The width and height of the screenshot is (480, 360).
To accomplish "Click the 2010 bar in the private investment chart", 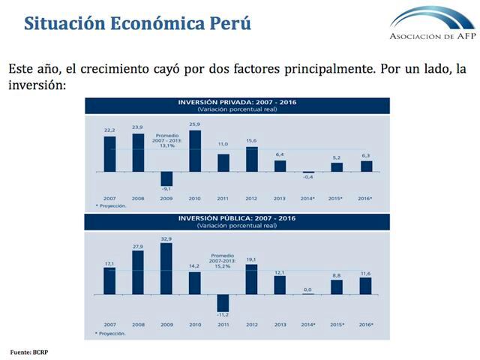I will pos(194,151).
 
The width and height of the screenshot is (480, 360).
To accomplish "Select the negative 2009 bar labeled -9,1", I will pos(166,178).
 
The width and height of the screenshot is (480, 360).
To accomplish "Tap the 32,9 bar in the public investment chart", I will pos(166,268).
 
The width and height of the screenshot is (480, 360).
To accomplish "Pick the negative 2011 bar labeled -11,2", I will pos(223,302).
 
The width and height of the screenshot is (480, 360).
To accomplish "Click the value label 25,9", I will pos(194,124).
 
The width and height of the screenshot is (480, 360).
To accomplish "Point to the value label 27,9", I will pos(137,245).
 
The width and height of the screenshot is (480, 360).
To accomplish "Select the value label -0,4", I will pos(308,178).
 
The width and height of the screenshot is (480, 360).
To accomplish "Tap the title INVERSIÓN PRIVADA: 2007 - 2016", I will pos(236,101).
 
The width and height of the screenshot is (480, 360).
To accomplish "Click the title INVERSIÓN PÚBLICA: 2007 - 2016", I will pos(236,218).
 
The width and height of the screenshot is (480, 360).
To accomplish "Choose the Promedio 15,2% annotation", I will pos(223,259).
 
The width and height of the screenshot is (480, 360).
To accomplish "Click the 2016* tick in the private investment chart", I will pos(366,199).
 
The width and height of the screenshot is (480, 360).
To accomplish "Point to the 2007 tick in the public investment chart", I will pos(109,324).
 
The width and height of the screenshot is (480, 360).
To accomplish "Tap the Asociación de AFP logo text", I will pos(432,36).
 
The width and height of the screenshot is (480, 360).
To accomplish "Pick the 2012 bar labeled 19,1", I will pos(251,278).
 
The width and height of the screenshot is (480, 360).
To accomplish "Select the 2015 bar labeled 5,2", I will pos(337,166).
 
